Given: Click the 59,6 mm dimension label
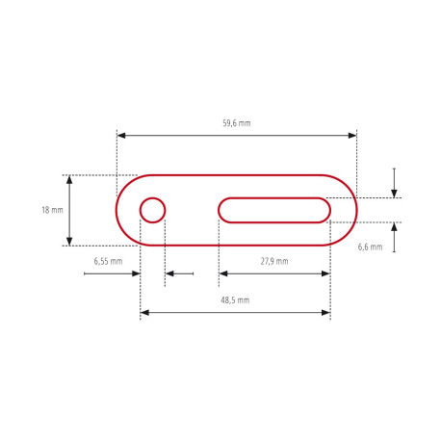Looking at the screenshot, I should (x=236, y=123).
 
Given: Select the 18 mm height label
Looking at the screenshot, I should (x=52, y=210).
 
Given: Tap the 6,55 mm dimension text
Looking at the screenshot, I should (x=108, y=261).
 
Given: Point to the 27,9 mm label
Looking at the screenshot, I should (x=274, y=261).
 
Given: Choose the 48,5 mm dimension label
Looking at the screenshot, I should (x=235, y=300).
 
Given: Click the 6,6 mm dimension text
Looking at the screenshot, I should (x=370, y=246).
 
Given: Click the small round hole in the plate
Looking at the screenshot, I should (x=152, y=209).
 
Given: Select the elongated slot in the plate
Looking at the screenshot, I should (x=274, y=209).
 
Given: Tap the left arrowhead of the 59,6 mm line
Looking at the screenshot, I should (x=120, y=135).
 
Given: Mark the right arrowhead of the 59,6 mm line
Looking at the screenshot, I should (x=352, y=135).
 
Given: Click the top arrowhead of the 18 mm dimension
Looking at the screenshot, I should (x=69, y=180).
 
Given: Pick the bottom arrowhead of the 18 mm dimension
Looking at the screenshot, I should (x=69, y=241).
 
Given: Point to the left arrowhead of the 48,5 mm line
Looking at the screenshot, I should (x=144, y=313).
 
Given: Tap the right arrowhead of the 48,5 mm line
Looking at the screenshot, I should (x=326, y=313).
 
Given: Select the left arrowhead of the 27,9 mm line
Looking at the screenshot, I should (x=222, y=273).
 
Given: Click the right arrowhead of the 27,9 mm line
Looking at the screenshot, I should (x=326, y=273).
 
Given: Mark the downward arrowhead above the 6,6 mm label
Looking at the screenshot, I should (x=394, y=193).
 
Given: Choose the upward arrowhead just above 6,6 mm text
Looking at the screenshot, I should (x=394, y=227).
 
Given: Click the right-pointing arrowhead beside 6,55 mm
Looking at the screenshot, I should (x=137, y=273).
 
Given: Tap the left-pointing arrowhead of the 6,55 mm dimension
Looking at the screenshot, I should (x=169, y=273).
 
